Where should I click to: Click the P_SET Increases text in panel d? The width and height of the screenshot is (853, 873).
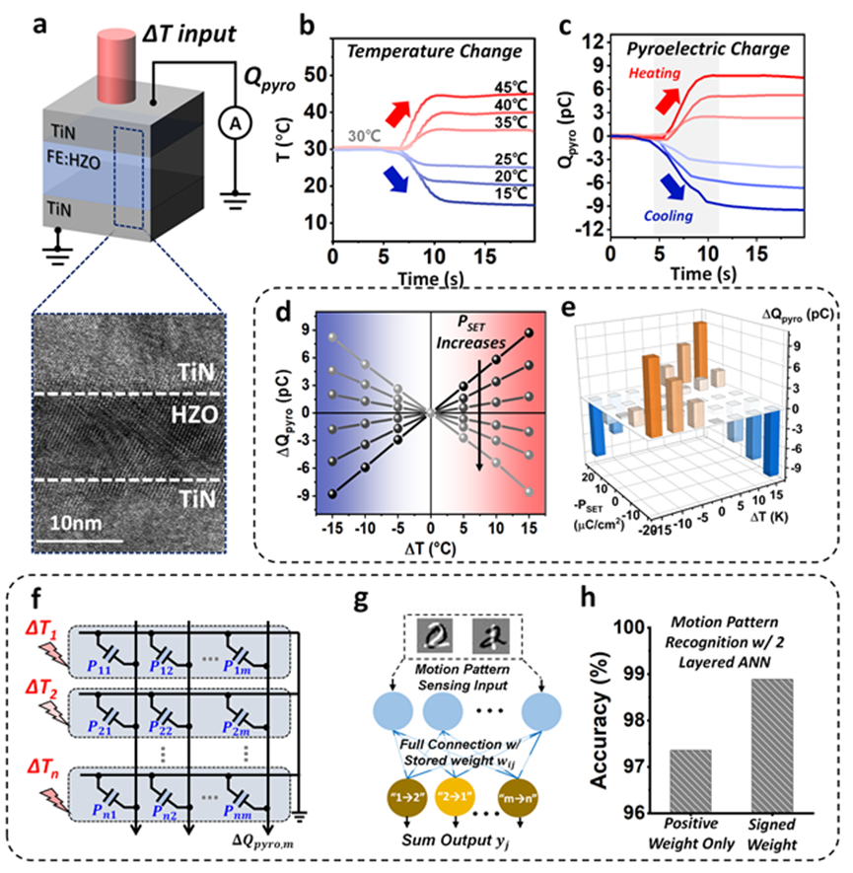[x=478, y=333]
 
